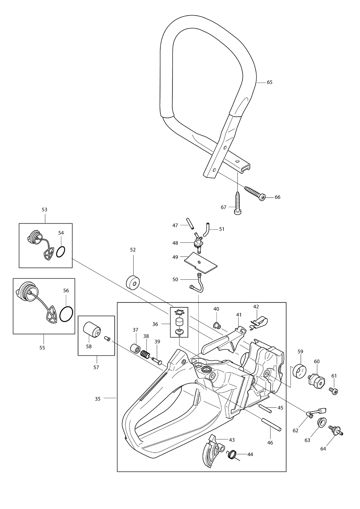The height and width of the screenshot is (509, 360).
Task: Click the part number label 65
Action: click(x=270, y=82)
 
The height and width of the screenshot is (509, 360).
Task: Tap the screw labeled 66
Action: click(x=255, y=193)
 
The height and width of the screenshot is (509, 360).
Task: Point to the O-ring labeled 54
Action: click(x=61, y=252)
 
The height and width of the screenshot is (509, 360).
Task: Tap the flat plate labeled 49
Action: click(x=201, y=263)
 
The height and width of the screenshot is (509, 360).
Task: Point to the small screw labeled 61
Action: click(x=334, y=391)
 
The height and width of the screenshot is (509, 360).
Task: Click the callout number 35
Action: click(x=98, y=399)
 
